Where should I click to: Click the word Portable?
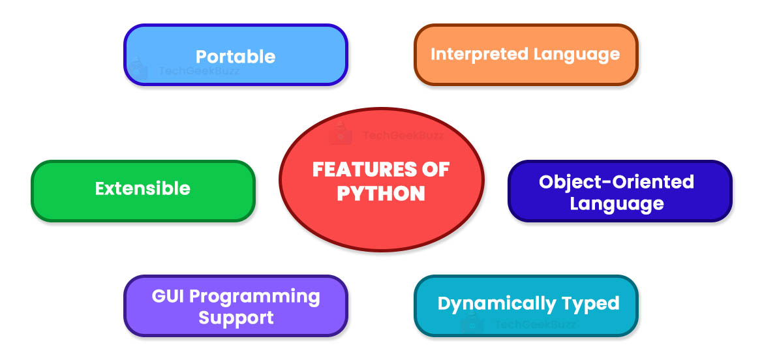click(x=236, y=56)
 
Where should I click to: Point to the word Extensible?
click(x=143, y=188)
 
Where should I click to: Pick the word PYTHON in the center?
click(x=381, y=194)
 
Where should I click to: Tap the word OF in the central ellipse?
click(x=433, y=170)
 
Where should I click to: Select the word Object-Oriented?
click(x=617, y=181)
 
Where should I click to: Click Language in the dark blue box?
click(x=617, y=203)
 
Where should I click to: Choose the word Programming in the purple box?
click(x=260, y=296)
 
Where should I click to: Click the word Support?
click(x=236, y=318)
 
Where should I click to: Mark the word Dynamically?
click(x=490, y=303)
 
